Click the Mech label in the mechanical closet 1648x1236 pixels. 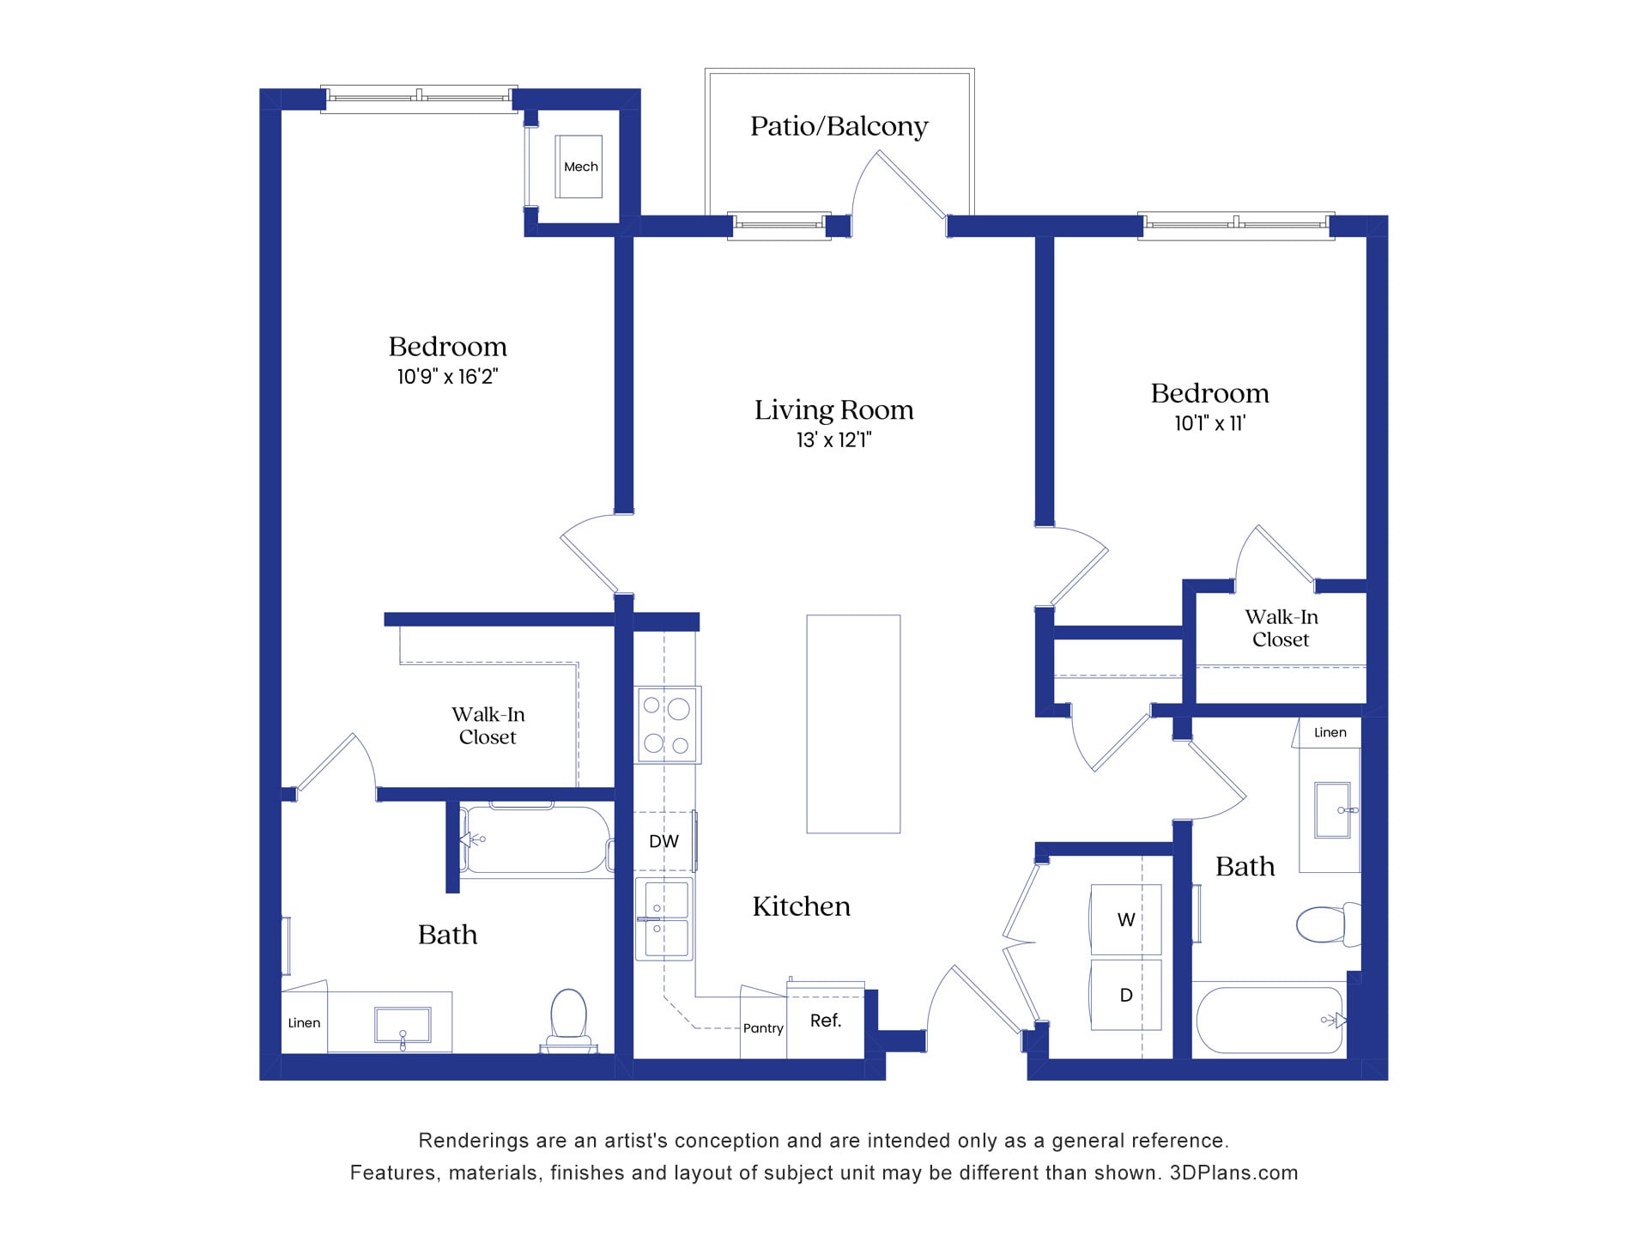pyautogui.click(x=580, y=167)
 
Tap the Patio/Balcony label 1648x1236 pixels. pyautogui.click(x=839, y=126)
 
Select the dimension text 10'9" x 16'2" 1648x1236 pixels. pyautogui.click(x=447, y=377)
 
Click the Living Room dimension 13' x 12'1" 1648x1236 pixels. pyautogui.click(x=833, y=440)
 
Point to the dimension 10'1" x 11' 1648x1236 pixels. pyautogui.click(x=1209, y=423)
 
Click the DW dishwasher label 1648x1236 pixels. pyautogui.click(x=663, y=841)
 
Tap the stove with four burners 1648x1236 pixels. pyautogui.click(x=668, y=724)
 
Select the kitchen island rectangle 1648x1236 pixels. pyautogui.click(x=853, y=724)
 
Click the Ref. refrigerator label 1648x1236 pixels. pyautogui.click(x=826, y=1021)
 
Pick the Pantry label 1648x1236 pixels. pyautogui.click(x=763, y=1028)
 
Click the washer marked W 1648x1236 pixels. pyautogui.click(x=1126, y=920)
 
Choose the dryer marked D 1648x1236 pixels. pyautogui.click(x=1126, y=995)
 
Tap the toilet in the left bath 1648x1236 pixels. pyautogui.click(x=568, y=1018)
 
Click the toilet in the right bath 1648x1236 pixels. pyautogui.click(x=1326, y=924)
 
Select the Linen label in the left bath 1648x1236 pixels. pyautogui.click(x=304, y=1023)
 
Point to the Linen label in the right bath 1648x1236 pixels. pyautogui.click(x=1330, y=732)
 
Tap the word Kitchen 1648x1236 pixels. pyautogui.click(x=801, y=906)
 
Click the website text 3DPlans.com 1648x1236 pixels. pyautogui.click(x=1233, y=1172)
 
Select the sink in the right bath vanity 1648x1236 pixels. pyautogui.click(x=1333, y=809)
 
